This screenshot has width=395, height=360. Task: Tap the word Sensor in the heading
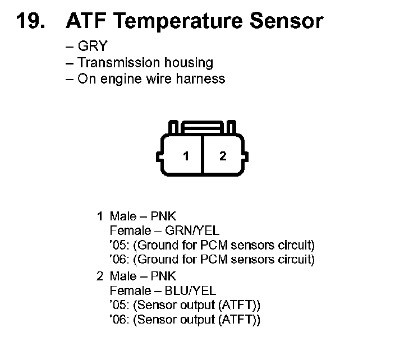(x=286, y=21)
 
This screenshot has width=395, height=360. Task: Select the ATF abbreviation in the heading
(x=84, y=21)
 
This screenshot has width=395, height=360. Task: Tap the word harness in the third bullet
(x=200, y=78)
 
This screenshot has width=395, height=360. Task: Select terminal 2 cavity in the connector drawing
(x=223, y=156)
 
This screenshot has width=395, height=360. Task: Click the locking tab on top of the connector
(x=204, y=128)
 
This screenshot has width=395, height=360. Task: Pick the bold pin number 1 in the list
(x=100, y=216)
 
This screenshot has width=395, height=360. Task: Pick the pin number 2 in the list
(x=100, y=276)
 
